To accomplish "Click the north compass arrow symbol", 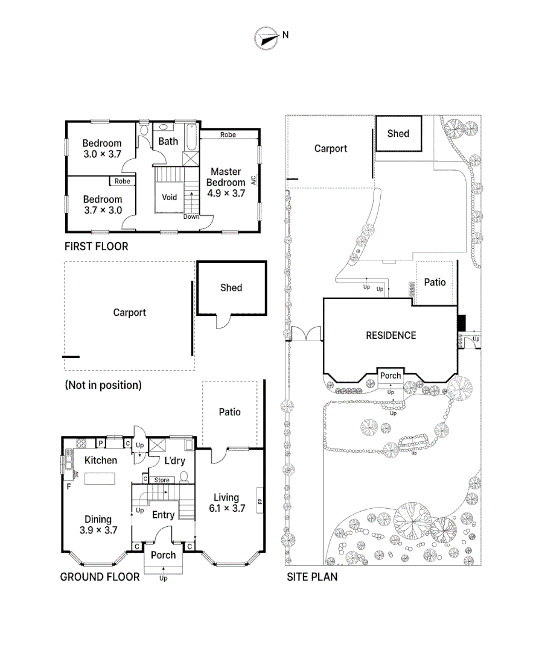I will pyautogui.click(x=264, y=37).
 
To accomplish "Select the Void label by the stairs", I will pyautogui.click(x=170, y=197).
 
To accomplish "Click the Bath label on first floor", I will pyautogui.click(x=168, y=141).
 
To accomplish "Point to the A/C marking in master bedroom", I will pyautogui.click(x=253, y=180).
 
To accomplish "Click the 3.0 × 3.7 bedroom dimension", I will pyautogui.click(x=102, y=154).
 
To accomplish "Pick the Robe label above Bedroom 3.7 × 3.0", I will pyautogui.click(x=123, y=181).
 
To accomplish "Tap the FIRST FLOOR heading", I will pyautogui.click(x=96, y=247).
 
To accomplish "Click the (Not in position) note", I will pyautogui.click(x=103, y=385).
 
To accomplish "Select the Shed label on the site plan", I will pyautogui.click(x=398, y=134).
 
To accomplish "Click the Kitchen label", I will pyautogui.click(x=100, y=461).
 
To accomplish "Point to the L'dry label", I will pyautogui.click(x=174, y=461).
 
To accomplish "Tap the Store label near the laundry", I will pyautogui.click(x=162, y=480).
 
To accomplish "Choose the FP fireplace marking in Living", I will pyautogui.click(x=260, y=500).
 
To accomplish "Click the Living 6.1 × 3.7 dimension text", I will pyautogui.click(x=226, y=508).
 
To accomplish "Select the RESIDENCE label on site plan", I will pyautogui.click(x=391, y=335).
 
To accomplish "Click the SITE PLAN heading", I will pyautogui.click(x=311, y=577).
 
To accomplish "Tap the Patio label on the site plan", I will pyautogui.click(x=435, y=282).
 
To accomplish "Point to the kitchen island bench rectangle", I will pyautogui.click(x=100, y=479).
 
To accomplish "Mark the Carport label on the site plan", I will pyautogui.click(x=331, y=148).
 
